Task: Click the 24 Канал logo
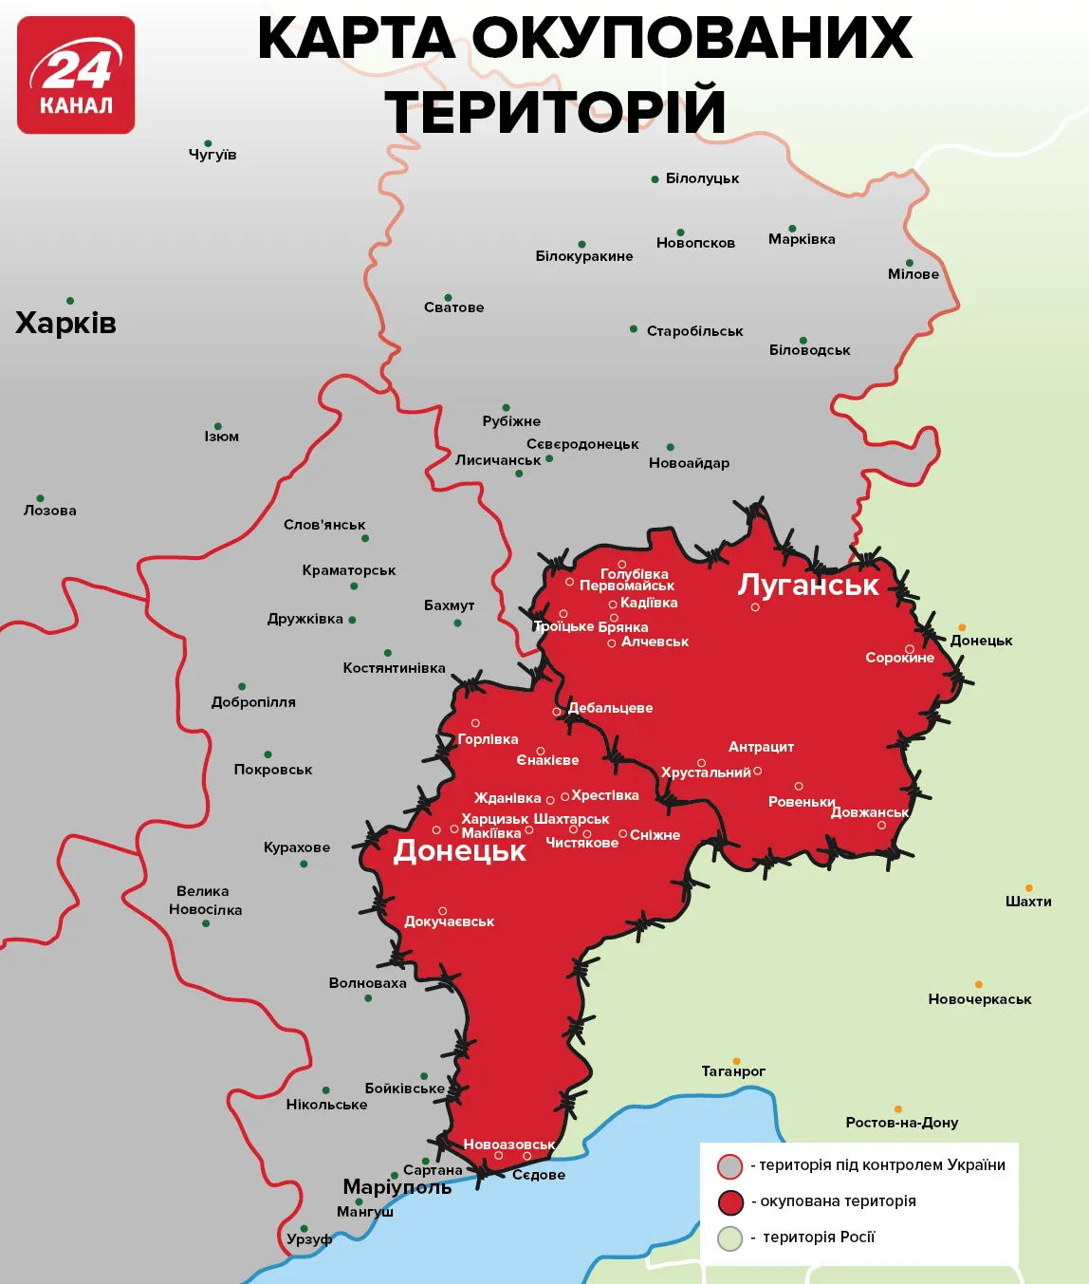pyautogui.click(x=76, y=75)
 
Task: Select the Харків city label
pyautogui.click(x=65, y=324)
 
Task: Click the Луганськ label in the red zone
pyautogui.click(x=808, y=585)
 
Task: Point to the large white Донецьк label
pyautogui.click(x=459, y=851)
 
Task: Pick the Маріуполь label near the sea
pyautogui.click(x=397, y=1187)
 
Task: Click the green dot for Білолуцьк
pyautogui.click(x=655, y=179)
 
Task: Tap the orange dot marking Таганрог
pyautogui.click(x=736, y=1061)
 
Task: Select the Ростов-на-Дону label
pyautogui.click(x=901, y=1123)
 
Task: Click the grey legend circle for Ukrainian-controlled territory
pyautogui.click(x=729, y=1166)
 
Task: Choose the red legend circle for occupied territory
pyautogui.click(x=729, y=1202)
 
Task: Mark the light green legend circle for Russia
pyautogui.click(x=729, y=1238)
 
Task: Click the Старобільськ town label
pyautogui.click(x=694, y=331)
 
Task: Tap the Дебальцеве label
pyautogui.click(x=610, y=708)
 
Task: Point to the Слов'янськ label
pyautogui.click(x=324, y=525)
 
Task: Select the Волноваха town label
pyautogui.click(x=367, y=983)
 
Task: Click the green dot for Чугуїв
pyautogui.click(x=208, y=143)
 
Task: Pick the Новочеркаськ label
pyautogui.click(x=979, y=999)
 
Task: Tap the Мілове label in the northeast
pyautogui.click(x=913, y=274)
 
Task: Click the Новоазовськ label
pyautogui.click(x=508, y=1144)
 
